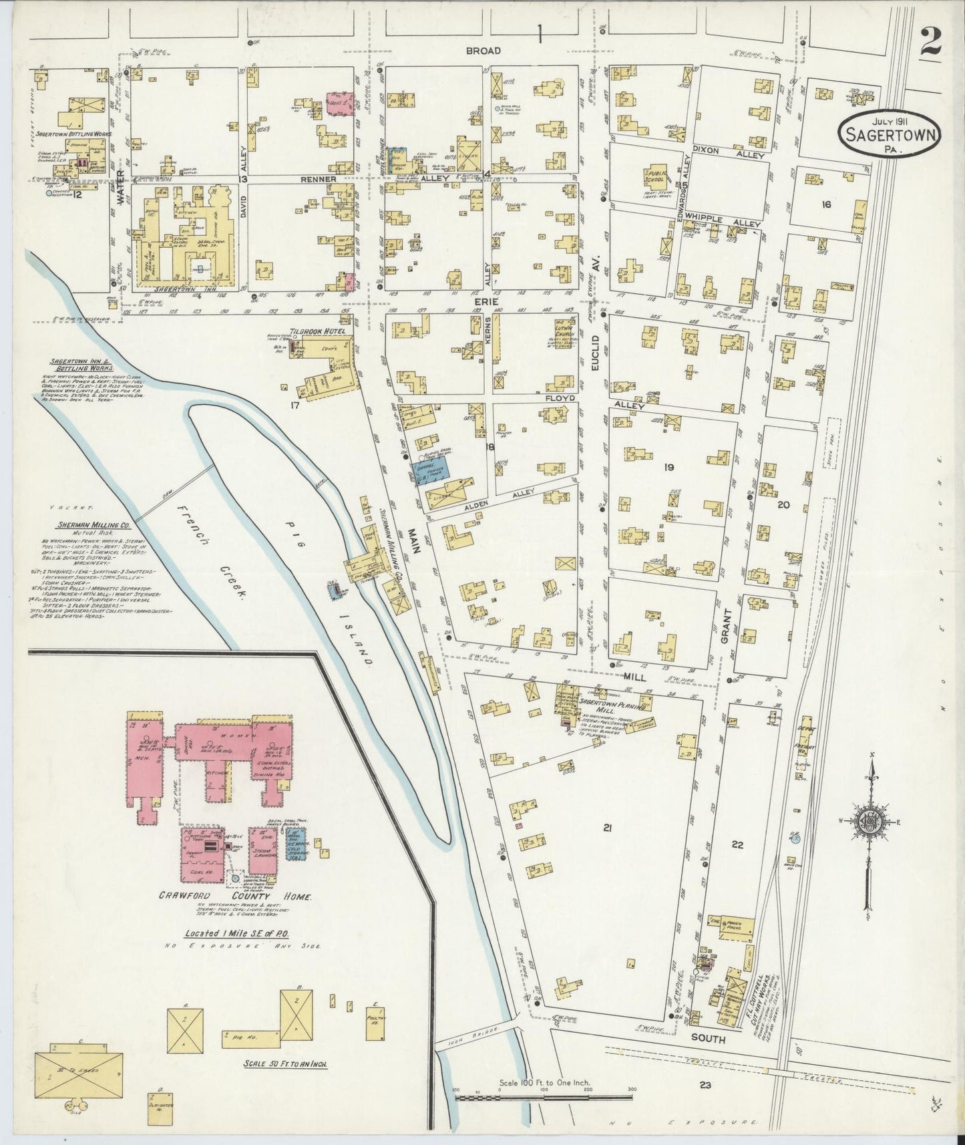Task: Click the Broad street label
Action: click(x=484, y=51)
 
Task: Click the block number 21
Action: click(x=607, y=828)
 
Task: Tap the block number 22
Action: click(x=737, y=844)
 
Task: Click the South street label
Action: click(x=707, y=1039)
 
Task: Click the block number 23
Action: click(x=705, y=1085)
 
